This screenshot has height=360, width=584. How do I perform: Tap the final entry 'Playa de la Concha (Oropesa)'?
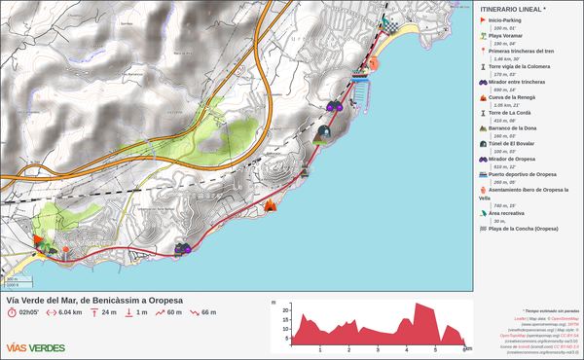click(523, 229)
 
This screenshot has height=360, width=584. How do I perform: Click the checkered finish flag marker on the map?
click(386, 23)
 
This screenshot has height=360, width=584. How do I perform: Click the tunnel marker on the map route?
click(324, 129)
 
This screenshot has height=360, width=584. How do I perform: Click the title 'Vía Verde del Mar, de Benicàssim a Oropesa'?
click(94, 299)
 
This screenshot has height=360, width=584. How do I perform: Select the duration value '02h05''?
click(27, 312)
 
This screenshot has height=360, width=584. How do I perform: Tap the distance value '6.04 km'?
click(70, 312)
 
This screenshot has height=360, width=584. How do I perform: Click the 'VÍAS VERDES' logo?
click(36, 347)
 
